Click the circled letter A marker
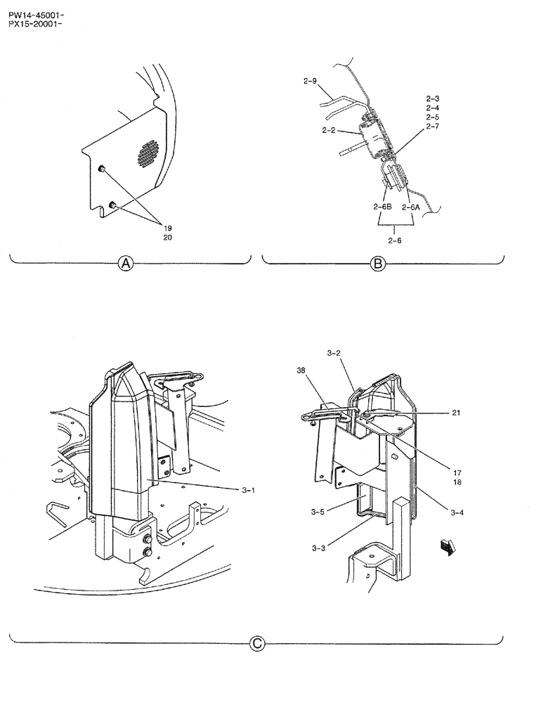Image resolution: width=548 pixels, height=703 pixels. coord(126,264)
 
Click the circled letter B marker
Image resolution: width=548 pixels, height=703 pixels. coord(377,264)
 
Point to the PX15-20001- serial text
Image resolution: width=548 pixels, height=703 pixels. coord(37,22)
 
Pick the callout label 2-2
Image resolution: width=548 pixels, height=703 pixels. coord(331,130)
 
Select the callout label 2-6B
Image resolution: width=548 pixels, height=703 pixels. coord(382,207)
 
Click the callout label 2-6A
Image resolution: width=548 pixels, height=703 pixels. coord(411,207)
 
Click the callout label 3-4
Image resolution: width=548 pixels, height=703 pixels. coord(457,512)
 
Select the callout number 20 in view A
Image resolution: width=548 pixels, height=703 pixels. coord(167,238)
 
